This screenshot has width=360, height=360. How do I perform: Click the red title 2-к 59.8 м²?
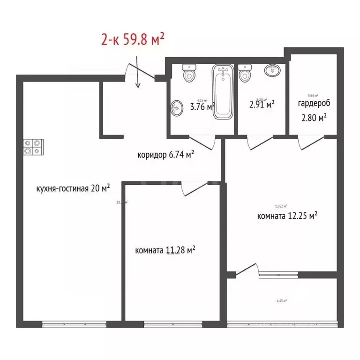[133, 39]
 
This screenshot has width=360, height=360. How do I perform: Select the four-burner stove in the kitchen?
[34, 146]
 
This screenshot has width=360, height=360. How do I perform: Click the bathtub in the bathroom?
[222, 91]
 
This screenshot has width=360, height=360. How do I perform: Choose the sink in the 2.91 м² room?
[272, 71]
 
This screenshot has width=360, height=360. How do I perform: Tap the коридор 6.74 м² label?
[166, 155]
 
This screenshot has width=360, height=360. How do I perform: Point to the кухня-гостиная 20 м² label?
[73, 188]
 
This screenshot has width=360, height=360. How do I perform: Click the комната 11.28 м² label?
[165, 250]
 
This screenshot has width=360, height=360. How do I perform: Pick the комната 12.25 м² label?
[287, 216]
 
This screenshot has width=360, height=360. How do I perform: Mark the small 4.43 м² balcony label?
[282, 301]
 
